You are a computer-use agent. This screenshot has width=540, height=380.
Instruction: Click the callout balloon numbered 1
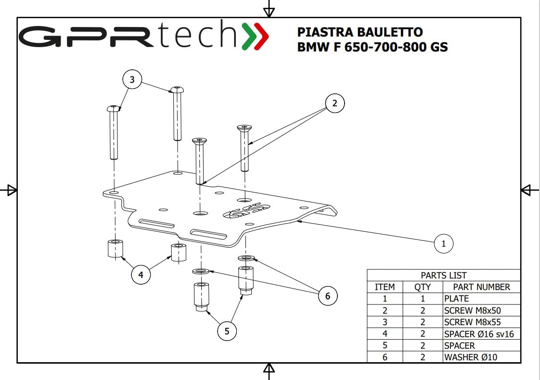point(443,244)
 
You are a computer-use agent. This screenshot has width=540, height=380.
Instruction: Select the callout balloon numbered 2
point(334,103)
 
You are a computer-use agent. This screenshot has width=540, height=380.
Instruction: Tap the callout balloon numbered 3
point(132,79)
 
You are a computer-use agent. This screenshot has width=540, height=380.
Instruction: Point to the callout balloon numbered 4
point(141,275)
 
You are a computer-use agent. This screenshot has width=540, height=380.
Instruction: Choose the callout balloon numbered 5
point(227,331)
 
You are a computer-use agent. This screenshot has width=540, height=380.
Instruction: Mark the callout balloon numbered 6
point(327,296)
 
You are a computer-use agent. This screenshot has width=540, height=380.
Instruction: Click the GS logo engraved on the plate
point(246,211)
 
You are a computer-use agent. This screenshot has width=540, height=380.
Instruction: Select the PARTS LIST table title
point(444,275)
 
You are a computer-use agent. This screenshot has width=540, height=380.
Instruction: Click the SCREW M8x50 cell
point(472,310)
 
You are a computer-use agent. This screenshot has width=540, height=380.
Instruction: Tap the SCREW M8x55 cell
point(472,322)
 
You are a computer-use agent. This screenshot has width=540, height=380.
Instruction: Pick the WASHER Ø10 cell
point(470,357)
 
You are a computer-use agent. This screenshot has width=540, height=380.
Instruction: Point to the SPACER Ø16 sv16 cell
point(479,334)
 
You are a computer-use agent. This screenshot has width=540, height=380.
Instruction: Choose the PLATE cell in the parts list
point(456,298)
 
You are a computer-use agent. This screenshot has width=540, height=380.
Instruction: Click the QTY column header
point(423,287)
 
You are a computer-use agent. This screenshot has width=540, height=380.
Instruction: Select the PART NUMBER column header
point(481,287)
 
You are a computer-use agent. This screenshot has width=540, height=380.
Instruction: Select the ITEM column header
point(385,287)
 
